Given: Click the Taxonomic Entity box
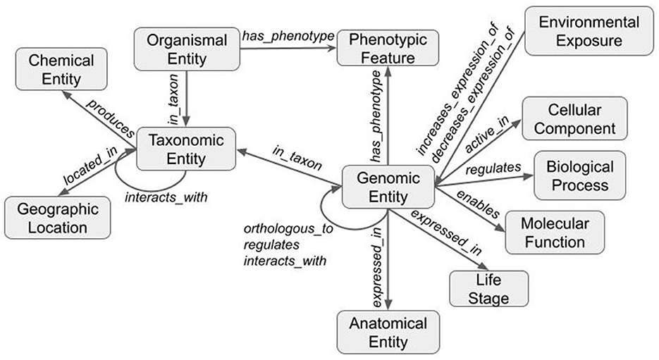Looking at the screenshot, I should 178,149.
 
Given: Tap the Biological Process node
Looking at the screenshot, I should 580,175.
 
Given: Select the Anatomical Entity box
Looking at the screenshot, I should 388,333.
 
